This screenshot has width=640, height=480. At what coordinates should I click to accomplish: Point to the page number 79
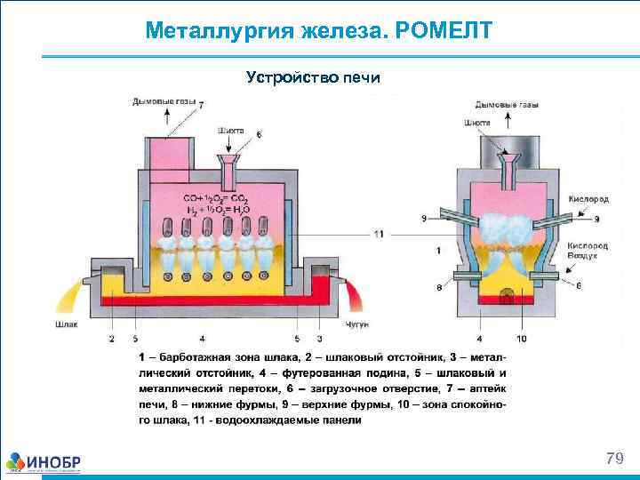tap(613, 459)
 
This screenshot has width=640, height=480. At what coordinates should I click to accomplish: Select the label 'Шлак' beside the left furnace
tap(66, 324)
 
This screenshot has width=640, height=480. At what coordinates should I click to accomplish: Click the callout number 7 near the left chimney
tap(200, 105)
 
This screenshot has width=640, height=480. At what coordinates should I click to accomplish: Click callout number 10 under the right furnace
tap(521, 339)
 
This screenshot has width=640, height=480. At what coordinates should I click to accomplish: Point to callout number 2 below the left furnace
tap(112, 339)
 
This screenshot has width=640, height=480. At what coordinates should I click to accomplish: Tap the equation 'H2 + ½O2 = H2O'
tap(218, 210)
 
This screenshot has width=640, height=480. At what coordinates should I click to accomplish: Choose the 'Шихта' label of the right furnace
tap(476, 122)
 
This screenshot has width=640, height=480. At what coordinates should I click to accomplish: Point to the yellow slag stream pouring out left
tap(70, 293)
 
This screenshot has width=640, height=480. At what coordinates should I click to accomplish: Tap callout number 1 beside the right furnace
tap(437, 252)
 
